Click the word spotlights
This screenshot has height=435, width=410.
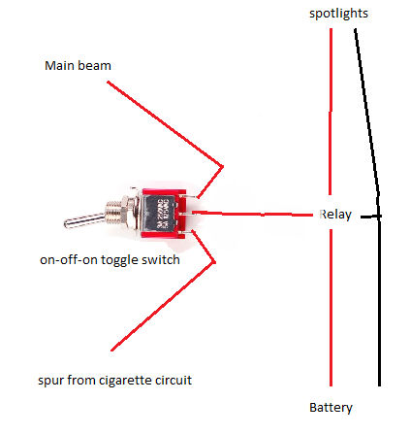(338, 14)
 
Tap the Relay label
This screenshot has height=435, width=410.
(335, 215)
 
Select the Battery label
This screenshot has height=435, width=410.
(331, 408)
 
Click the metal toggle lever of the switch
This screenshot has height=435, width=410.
(84, 220)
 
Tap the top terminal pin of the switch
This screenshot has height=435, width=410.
(191, 196)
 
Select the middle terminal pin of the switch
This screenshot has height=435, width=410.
(191, 214)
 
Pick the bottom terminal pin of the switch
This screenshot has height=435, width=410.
(191, 232)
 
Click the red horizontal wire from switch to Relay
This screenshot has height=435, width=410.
(253, 214)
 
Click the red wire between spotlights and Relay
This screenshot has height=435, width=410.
(331, 112)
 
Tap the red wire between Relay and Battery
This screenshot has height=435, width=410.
(331, 308)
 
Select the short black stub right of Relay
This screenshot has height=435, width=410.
(371, 217)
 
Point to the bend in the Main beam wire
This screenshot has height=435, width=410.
(223, 167)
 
